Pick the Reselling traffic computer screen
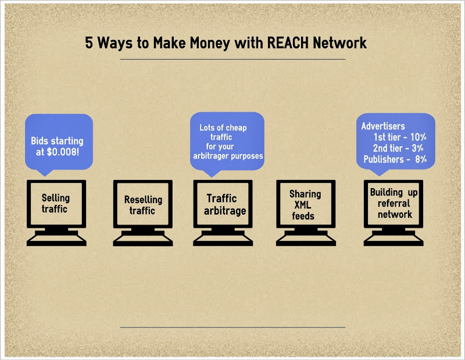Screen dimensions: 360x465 (143, 205)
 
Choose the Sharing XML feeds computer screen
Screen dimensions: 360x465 (305, 204)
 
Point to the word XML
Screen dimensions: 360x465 (305, 205)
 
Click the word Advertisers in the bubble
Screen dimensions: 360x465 (383, 126)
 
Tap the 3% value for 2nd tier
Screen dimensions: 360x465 (419, 148)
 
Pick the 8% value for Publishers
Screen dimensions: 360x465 (421, 159)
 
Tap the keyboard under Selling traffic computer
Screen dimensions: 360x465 (56, 238)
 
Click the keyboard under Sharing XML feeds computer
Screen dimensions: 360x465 (305, 238)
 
